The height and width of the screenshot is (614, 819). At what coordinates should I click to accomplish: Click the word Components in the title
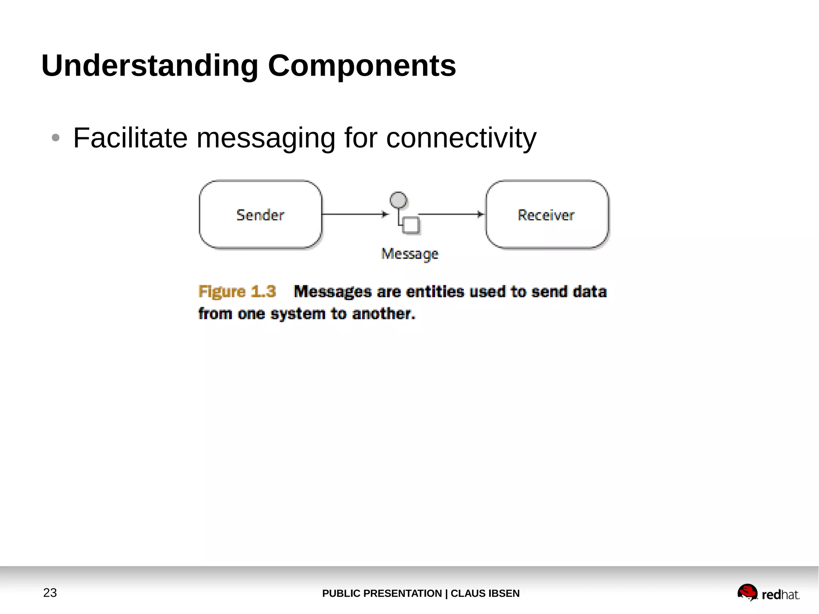(x=362, y=66)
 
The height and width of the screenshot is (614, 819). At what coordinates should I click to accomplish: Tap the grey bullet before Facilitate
(x=56, y=138)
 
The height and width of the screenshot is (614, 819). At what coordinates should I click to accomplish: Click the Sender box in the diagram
(x=260, y=215)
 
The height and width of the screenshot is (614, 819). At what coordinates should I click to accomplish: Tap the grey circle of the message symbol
(x=398, y=200)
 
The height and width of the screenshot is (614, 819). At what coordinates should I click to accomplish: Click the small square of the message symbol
(x=411, y=225)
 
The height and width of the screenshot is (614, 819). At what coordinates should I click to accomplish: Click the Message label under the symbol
(x=409, y=254)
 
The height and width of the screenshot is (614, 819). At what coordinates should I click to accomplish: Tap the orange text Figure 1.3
(x=237, y=292)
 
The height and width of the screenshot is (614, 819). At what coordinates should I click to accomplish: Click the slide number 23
(x=50, y=593)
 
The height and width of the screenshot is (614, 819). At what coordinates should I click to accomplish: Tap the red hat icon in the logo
(x=747, y=592)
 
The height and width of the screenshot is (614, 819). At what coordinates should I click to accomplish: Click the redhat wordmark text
(x=780, y=595)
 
